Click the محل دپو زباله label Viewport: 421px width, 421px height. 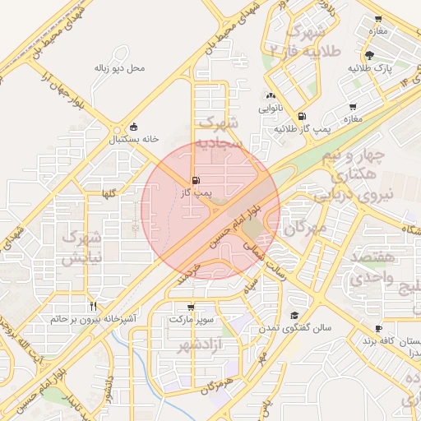[118, 67]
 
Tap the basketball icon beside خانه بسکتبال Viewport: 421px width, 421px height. [134, 127]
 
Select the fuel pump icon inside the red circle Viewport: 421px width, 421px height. [195, 180]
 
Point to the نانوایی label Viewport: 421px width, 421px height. [271, 108]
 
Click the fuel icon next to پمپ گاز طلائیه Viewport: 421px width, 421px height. [302, 117]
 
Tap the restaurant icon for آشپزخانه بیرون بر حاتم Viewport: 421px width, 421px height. [93, 305]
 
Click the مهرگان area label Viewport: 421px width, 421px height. [306, 227]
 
